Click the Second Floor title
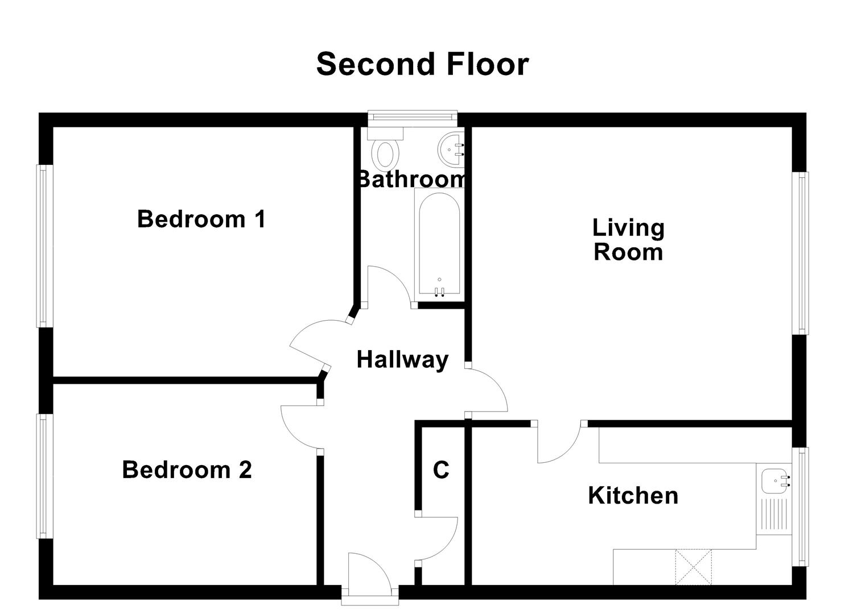(x=422, y=64)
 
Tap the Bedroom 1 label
(x=201, y=219)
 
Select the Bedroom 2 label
(x=187, y=470)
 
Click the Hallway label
(x=402, y=359)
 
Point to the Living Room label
(x=628, y=239)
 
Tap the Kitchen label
(x=633, y=495)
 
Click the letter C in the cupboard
(x=441, y=470)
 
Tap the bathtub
(x=439, y=244)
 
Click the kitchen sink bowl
(x=774, y=480)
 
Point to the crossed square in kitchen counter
(x=693, y=567)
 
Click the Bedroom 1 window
(x=44, y=246)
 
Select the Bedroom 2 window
(x=44, y=475)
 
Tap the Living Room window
(x=801, y=253)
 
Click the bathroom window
(x=412, y=117)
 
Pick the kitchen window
(x=801, y=506)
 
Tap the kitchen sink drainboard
(x=773, y=515)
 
